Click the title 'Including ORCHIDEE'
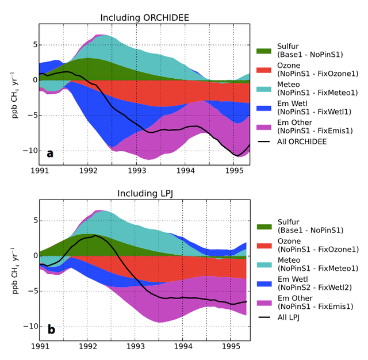[x=144, y=18]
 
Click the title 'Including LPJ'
[x=144, y=193]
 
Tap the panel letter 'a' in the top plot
[x=51, y=153]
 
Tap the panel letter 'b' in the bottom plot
[x=51, y=330]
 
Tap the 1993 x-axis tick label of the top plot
[x=136, y=171]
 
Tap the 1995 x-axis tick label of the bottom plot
[x=231, y=347]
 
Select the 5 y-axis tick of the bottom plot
[x=34, y=220]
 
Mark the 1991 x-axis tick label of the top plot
[x=39, y=171]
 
